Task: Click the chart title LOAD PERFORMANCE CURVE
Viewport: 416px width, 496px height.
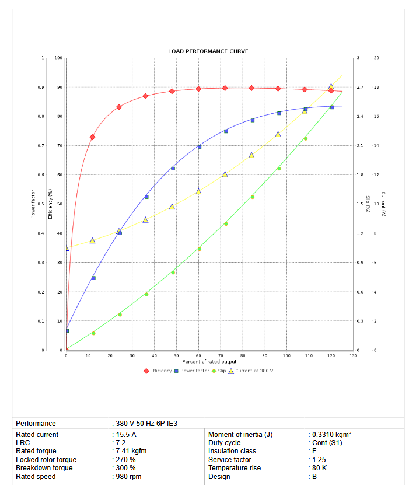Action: point(208,51)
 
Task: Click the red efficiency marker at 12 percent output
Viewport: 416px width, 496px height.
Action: point(92,137)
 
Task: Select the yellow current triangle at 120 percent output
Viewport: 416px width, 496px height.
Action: point(331,86)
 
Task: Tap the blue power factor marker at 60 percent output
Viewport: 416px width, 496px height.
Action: point(199,147)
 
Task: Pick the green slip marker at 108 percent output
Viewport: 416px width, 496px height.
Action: point(305,138)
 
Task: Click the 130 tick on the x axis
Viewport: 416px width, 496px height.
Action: point(352,355)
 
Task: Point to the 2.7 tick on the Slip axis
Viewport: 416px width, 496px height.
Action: point(360,88)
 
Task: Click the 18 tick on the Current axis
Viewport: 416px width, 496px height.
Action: point(376,88)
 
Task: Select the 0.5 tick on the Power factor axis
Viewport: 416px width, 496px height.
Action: point(41,204)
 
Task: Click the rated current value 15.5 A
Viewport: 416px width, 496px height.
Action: point(125,435)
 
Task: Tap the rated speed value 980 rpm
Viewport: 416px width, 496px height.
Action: point(128,477)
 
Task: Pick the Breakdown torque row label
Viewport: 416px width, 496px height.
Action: point(44,468)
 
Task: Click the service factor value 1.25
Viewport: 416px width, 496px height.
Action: point(319,460)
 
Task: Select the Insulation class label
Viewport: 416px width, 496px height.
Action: point(232,451)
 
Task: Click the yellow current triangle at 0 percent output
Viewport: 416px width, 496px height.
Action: point(66,248)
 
